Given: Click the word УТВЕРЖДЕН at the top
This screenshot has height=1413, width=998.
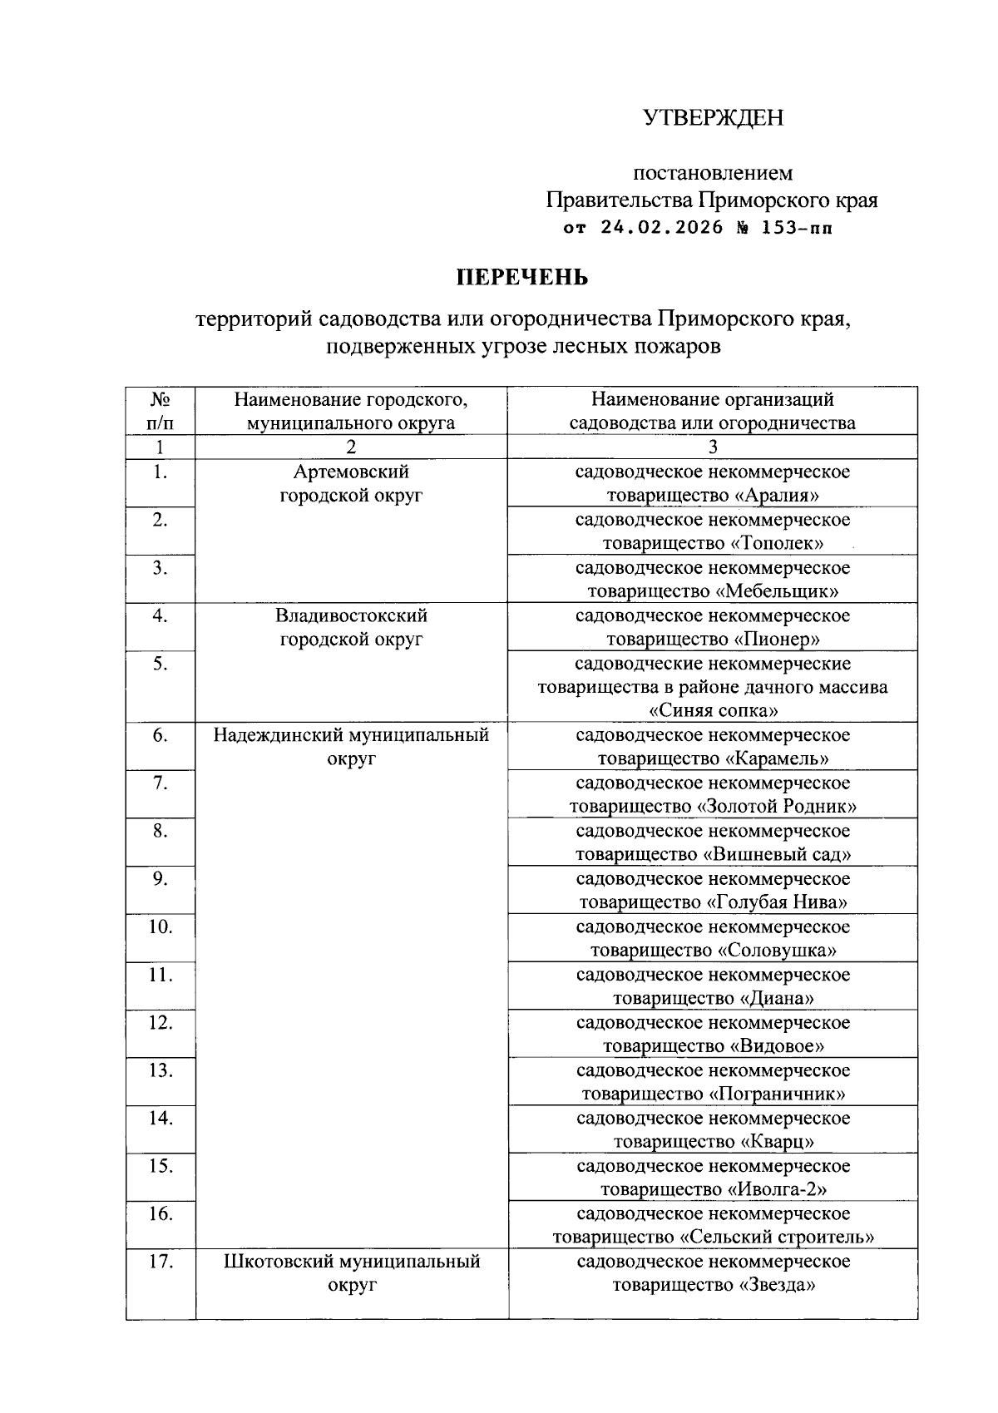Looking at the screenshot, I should click(713, 118).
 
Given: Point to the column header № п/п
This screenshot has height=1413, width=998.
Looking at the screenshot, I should click(161, 411).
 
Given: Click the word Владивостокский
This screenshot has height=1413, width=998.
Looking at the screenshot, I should click(351, 615).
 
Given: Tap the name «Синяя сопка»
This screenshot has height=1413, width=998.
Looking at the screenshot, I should click(713, 711).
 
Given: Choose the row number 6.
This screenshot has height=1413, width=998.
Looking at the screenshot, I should click(161, 735).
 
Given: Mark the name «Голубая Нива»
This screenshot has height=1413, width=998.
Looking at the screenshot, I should click(777, 902).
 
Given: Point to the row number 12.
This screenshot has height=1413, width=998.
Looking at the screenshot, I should click(161, 1023).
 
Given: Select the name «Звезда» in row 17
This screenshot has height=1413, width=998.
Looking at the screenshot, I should click(773, 1286).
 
